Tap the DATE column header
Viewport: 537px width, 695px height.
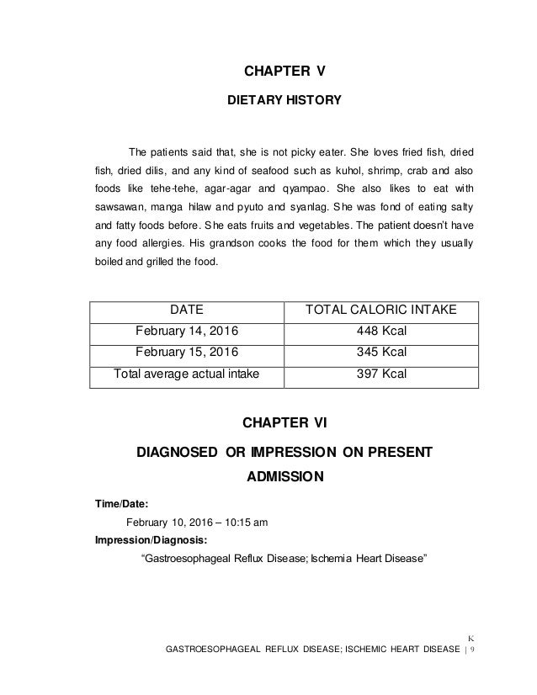pyautogui.click(x=185, y=311)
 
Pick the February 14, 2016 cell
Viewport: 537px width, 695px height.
pyautogui.click(x=185, y=331)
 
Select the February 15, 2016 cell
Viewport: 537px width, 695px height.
pyautogui.click(x=185, y=351)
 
